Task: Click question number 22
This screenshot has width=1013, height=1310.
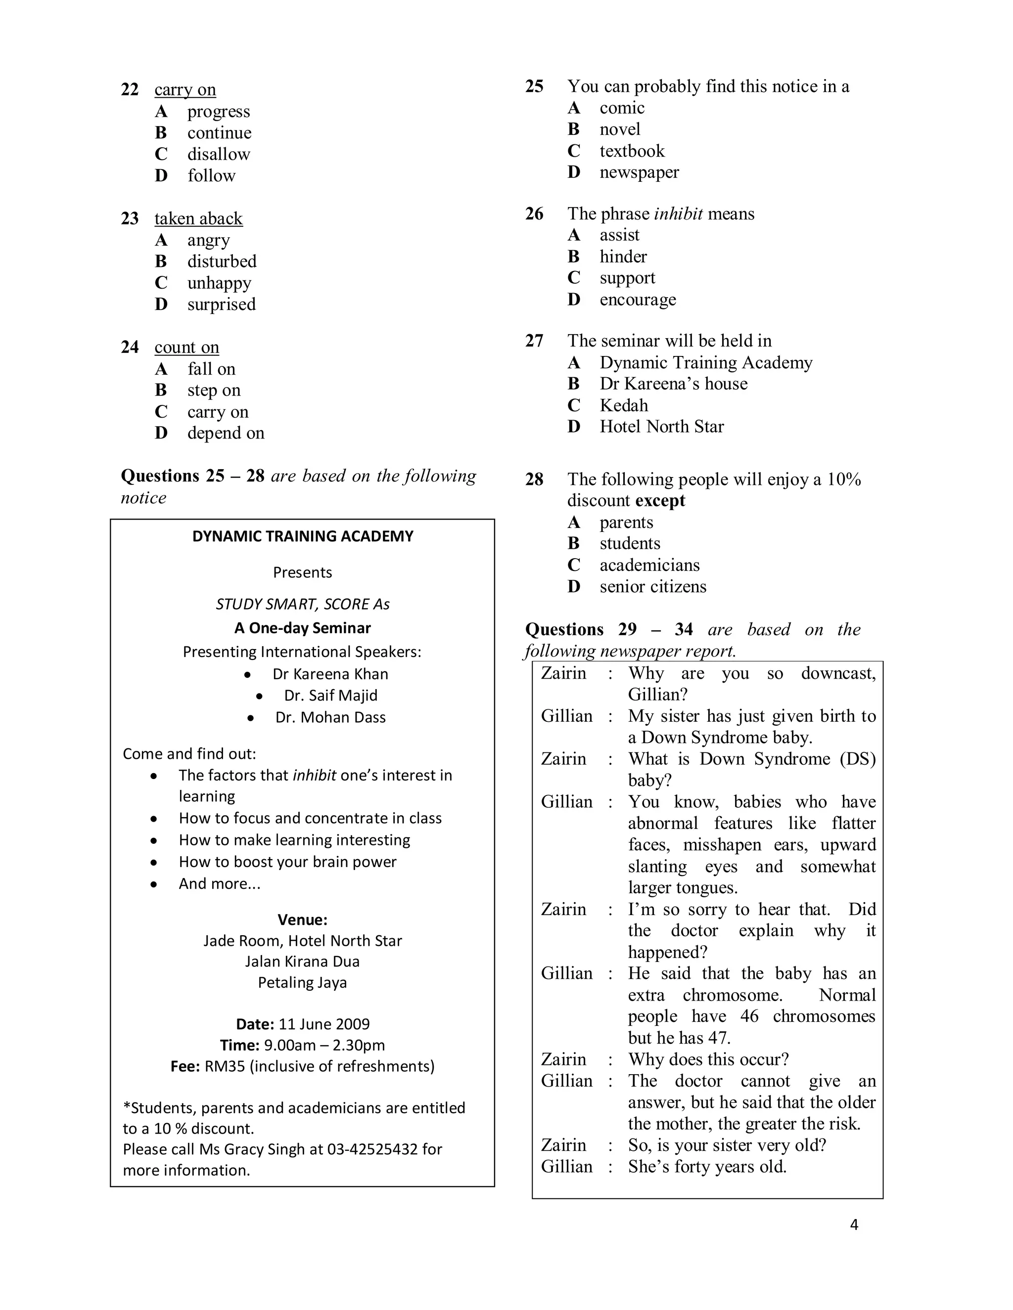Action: pos(130,89)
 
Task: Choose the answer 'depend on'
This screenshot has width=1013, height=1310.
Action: pos(225,433)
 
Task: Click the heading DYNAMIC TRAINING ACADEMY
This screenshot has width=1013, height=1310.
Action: pos(302,536)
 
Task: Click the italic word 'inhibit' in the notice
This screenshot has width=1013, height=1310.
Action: pos(314,775)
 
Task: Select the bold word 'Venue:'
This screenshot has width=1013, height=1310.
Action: pos(302,919)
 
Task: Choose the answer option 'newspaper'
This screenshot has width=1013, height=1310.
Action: pos(639,172)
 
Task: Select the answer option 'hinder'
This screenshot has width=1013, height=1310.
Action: pos(623,257)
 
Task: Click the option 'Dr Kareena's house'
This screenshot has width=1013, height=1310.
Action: pos(673,384)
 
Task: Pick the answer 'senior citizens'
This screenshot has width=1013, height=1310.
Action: pos(652,587)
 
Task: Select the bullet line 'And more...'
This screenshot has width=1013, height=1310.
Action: pos(219,883)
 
